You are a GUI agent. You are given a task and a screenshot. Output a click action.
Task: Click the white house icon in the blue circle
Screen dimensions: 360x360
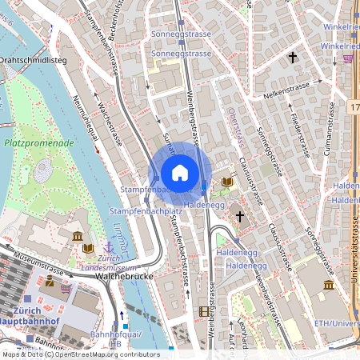coord(180,173)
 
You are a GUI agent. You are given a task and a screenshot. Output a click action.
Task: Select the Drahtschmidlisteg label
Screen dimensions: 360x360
coord(32,60)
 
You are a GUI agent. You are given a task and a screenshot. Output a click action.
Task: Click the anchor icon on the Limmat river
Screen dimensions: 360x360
coord(109,246)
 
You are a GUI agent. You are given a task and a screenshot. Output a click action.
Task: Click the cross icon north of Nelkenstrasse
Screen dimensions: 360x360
coord(293,58)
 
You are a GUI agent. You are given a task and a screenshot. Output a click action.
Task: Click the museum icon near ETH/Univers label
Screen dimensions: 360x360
coord(329,286)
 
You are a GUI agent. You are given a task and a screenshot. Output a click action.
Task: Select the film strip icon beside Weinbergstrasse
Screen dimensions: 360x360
coord(204,311)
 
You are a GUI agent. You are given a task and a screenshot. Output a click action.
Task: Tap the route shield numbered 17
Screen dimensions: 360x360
coord(354,106)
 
